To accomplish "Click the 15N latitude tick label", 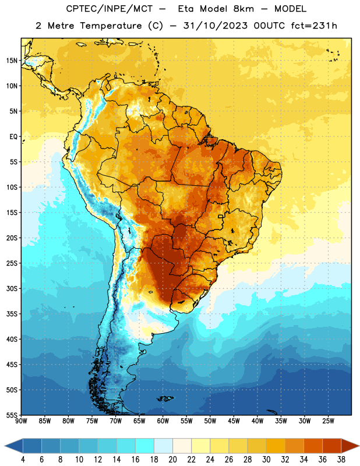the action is [x=12, y=61].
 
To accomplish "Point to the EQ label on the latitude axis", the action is [x=13, y=137].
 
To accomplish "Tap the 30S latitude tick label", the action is [x=12, y=288].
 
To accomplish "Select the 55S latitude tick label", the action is [x=12, y=415].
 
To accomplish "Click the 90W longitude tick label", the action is [x=21, y=421].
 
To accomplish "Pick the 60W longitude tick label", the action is [x=163, y=421].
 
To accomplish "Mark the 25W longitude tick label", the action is [x=328, y=421].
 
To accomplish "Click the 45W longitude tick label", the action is [x=234, y=421].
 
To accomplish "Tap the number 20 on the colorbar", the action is [x=172, y=460].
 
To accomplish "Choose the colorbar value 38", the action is [x=341, y=460].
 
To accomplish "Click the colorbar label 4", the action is [x=23, y=460].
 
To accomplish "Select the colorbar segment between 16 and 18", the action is [x=144, y=446].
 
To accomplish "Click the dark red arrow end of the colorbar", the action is [x=350, y=446].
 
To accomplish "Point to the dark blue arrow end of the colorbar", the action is [x=14, y=446].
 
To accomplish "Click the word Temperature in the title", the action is [x=111, y=26].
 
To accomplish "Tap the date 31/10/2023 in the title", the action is [x=215, y=26].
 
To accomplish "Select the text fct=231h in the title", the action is [x=314, y=26].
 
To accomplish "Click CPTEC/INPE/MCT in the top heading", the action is [x=109, y=9].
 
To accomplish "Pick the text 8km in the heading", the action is [x=243, y=9].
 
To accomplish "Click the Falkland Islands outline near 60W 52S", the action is [x=165, y=398].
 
